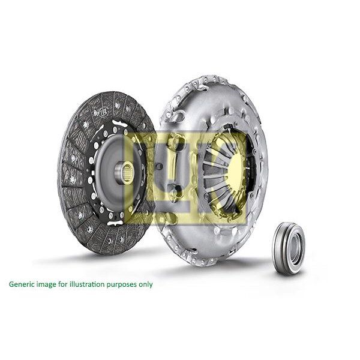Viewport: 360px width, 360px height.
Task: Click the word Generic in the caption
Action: (x=21, y=284)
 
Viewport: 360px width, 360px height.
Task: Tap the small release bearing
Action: (x=289, y=247)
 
